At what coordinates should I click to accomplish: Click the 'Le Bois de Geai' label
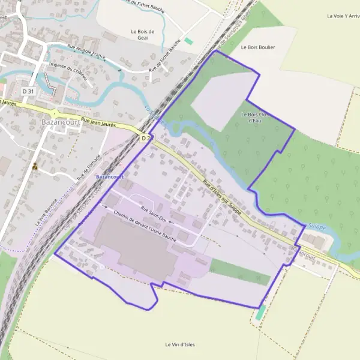[x=143, y=34]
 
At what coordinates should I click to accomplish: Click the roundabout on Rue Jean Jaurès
[x=55, y=113]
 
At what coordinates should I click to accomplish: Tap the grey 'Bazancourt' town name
[x=58, y=122]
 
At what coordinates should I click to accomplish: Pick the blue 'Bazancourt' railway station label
[x=110, y=177]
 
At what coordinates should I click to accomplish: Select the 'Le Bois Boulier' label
[x=257, y=47]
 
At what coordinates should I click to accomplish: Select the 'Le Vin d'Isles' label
[x=180, y=344]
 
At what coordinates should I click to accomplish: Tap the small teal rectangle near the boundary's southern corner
[x=260, y=313]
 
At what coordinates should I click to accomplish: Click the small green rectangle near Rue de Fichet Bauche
[x=189, y=41]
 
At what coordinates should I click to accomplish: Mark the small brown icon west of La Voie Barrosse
[x=35, y=167]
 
